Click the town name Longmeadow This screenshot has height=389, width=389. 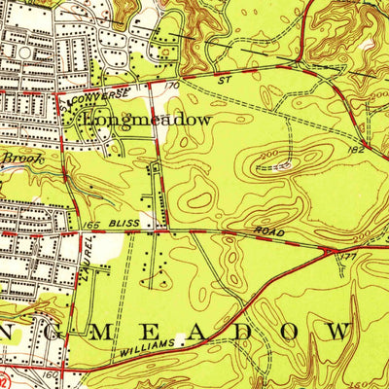click(x=148, y=119)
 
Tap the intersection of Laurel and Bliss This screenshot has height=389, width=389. click(x=78, y=232)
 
